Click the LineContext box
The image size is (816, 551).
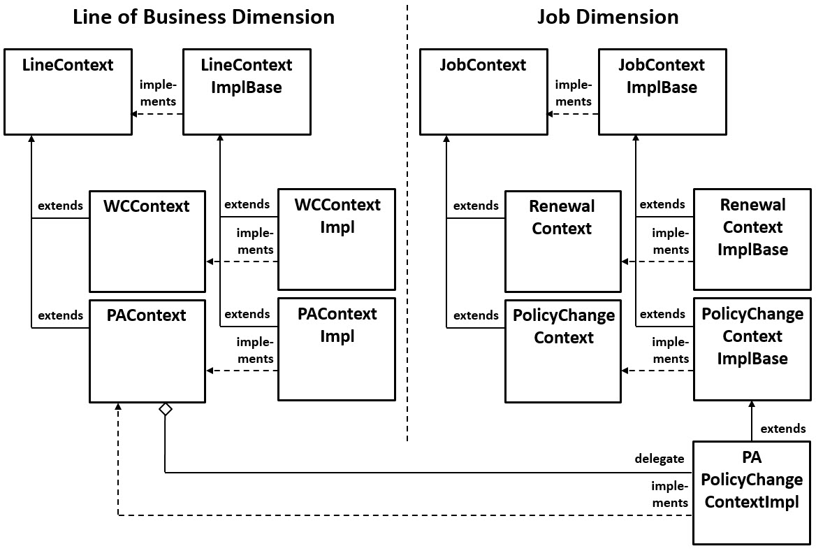68,92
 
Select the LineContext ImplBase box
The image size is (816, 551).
247,92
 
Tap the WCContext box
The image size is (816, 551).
147,241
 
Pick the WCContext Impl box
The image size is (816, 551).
337,239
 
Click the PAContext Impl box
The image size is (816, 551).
337,349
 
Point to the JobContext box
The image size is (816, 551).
483,92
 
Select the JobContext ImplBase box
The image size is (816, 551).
662,92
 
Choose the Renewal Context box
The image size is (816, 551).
562,241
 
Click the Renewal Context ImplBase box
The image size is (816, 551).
752,239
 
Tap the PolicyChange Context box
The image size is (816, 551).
562,351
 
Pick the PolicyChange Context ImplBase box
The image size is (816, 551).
752,349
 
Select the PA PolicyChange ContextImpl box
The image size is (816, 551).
752,492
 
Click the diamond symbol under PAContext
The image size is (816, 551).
165,410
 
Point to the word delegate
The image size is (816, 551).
659,459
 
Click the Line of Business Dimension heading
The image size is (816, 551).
203,17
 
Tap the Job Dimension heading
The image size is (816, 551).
607,17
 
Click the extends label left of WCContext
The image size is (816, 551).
60,206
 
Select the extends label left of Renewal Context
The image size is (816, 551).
476,206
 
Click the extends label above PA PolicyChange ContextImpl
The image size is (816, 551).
782,429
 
